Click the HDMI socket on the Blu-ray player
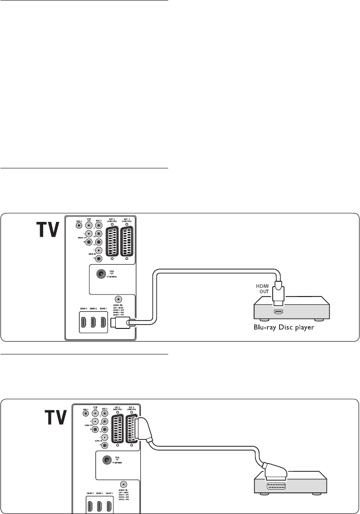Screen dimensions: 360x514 278,311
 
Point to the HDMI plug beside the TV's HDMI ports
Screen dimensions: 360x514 120,322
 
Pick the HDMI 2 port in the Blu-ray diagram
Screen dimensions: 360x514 92,323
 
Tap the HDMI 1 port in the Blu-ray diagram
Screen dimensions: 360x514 103,323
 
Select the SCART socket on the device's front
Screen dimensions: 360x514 278,486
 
